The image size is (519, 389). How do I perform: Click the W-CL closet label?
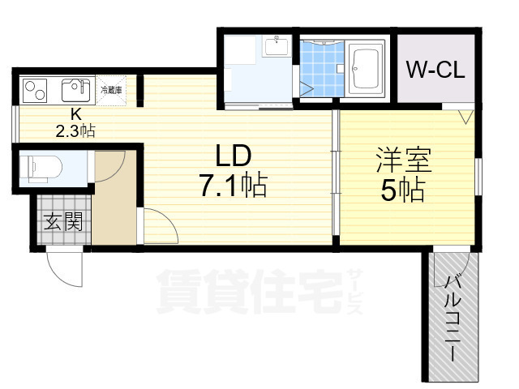(435, 70)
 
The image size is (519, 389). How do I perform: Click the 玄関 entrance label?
(62, 221)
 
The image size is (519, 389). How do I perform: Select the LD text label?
(233, 156)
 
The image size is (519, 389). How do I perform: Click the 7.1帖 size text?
(234, 187)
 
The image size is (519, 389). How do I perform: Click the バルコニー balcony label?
(451, 318)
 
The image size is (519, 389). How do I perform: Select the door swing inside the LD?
(160, 226)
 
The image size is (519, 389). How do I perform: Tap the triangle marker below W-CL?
(465, 116)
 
